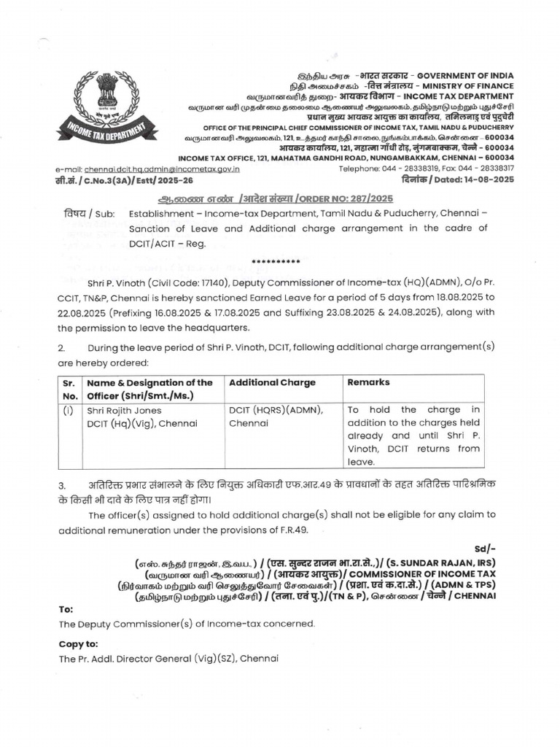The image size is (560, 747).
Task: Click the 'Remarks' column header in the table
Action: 368,382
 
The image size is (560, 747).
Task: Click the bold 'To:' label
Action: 66,608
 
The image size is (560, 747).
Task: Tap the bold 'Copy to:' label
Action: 78,643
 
